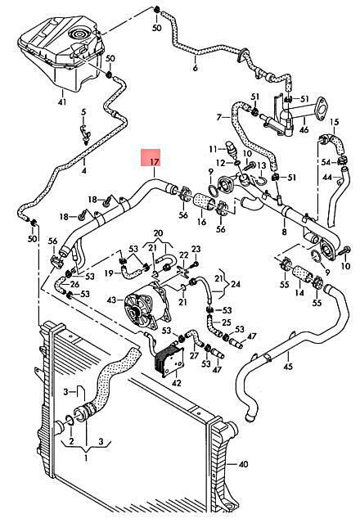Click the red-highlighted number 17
coord(155,161)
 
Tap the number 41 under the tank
coord(62,101)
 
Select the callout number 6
coord(195,68)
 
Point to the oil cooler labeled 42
coord(169,359)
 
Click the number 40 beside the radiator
coord(243,464)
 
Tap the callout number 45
coord(288,366)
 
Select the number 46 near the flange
coord(304,129)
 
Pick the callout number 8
coord(284,232)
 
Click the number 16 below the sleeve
coord(201,222)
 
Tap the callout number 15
coord(334,122)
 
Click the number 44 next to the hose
coord(327,177)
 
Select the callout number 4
coord(83,171)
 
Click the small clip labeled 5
coord(85,133)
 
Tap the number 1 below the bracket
coord(86,458)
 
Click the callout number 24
coord(235,284)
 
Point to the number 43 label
coord(111,300)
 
